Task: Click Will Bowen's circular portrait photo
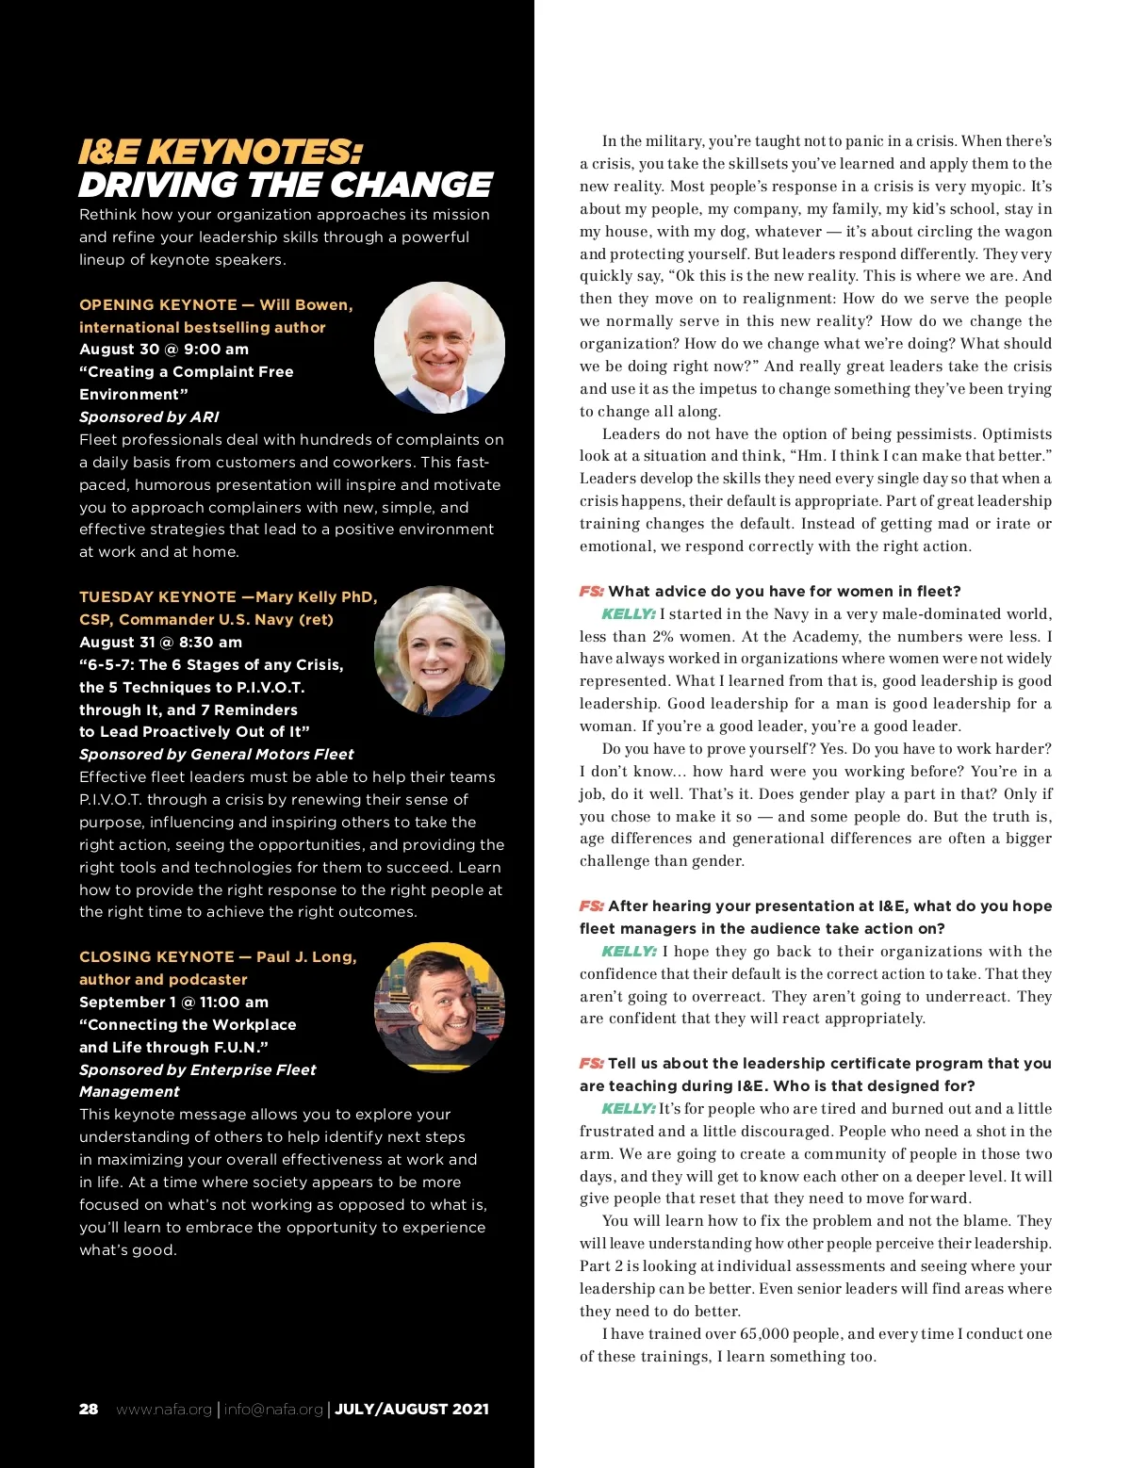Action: pyautogui.click(x=439, y=348)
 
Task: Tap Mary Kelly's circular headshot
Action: pyautogui.click(x=439, y=651)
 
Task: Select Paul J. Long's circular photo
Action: pyautogui.click(x=439, y=1007)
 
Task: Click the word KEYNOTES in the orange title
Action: pyautogui.click(x=254, y=153)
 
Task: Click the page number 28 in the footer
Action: pyautogui.click(x=89, y=1410)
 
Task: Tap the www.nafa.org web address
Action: pyautogui.click(x=164, y=1410)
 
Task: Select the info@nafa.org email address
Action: pyautogui.click(x=273, y=1410)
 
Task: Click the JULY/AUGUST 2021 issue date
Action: pyautogui.click(x=412, y=1410)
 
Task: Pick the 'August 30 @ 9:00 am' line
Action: pyautogui.click(x=164, y=350)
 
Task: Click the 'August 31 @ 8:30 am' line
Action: pyautogui.click(x=160, y=643)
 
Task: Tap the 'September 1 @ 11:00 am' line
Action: pyautogui.click(x=173, y=1003)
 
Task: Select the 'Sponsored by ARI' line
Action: pyautogui.click(x=149, y=417)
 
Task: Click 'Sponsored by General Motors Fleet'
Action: pyautogui.click(x=217, y=755)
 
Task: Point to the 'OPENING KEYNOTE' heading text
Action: pyautogui.click(x=158, y=305)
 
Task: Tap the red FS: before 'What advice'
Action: pyautogui.click(x=591, y=592)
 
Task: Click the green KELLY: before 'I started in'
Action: pyautogui.click(x=628, y=614)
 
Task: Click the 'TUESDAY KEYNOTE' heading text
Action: pyautogui.click(x=157, y=597)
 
